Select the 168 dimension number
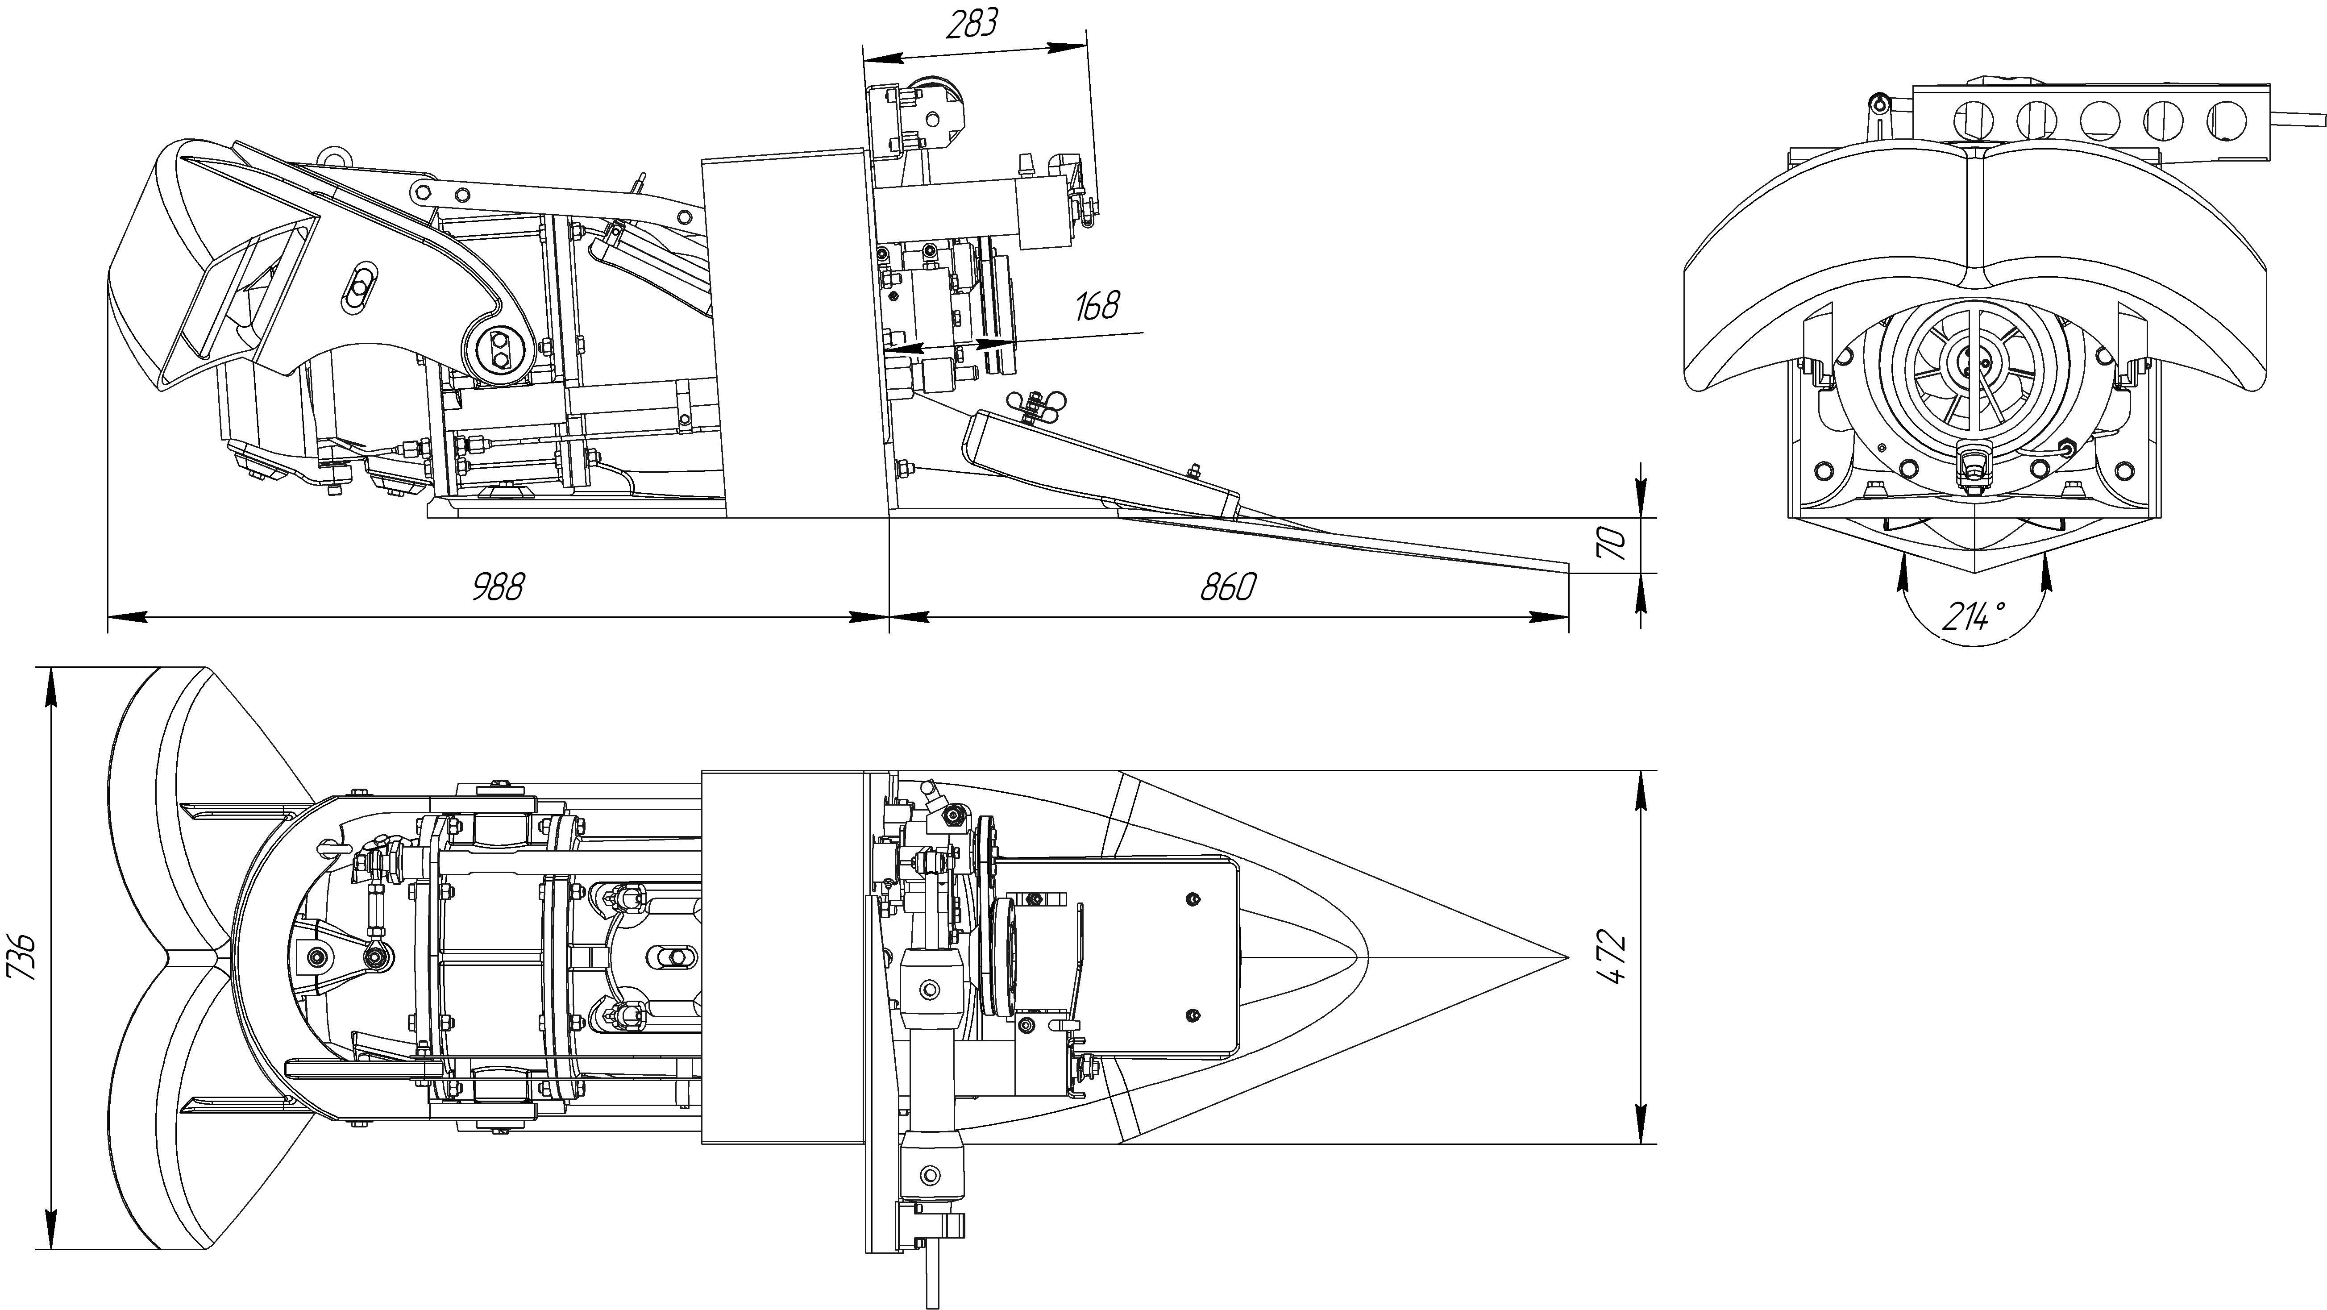(x=1097, y=306)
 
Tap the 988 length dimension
(x=498, y=587)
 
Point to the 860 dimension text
(x=1228, y=587)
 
